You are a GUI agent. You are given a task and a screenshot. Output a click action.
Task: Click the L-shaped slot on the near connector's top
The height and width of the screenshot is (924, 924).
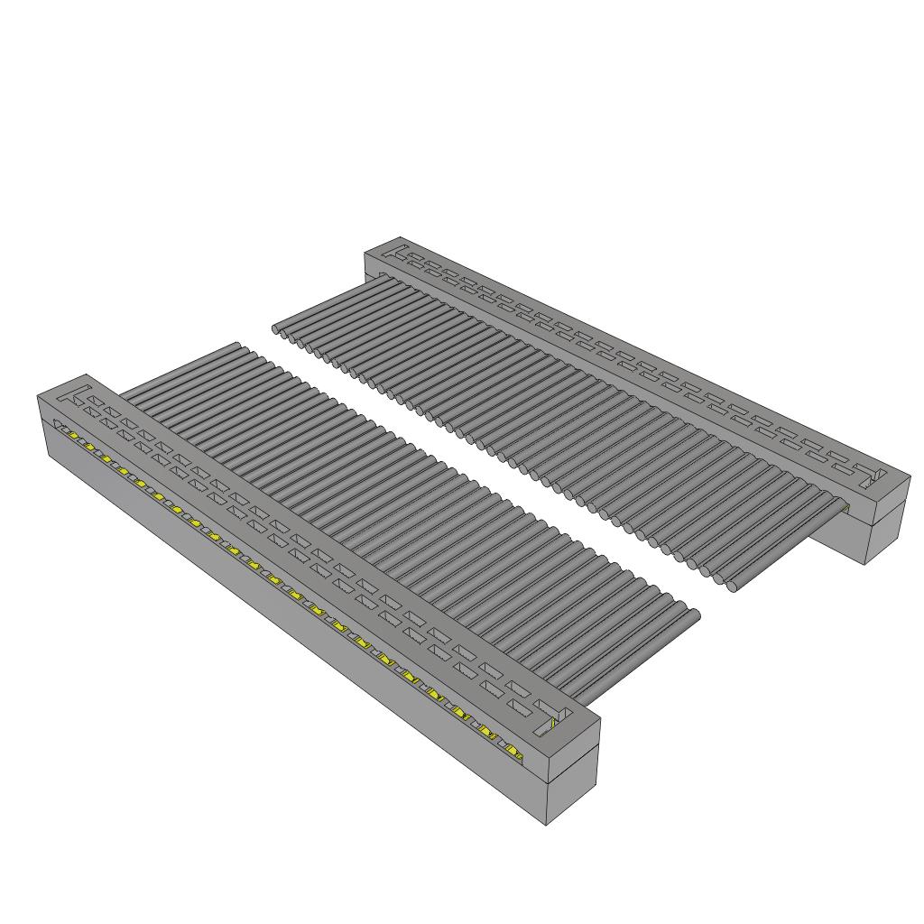click(79, 393)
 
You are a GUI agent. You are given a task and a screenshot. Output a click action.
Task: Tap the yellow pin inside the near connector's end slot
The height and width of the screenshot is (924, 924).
click(553, 724)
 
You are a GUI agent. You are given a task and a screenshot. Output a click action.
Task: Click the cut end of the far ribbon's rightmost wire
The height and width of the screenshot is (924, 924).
click(733, 587)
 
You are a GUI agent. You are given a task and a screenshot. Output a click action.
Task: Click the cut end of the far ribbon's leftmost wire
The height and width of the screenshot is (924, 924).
click(277, 331)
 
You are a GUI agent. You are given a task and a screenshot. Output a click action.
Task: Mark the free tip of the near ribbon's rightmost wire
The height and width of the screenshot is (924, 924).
click(695, 615)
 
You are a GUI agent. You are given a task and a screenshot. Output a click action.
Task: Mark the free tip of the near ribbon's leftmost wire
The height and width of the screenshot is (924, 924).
click(237, 345)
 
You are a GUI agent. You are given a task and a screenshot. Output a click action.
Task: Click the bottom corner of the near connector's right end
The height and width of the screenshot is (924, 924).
click(550, 825)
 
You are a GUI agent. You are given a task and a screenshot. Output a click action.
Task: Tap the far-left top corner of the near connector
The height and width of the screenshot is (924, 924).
click(37, 395)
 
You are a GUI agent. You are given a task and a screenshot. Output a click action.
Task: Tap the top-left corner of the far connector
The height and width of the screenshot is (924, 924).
click(365, 254)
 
